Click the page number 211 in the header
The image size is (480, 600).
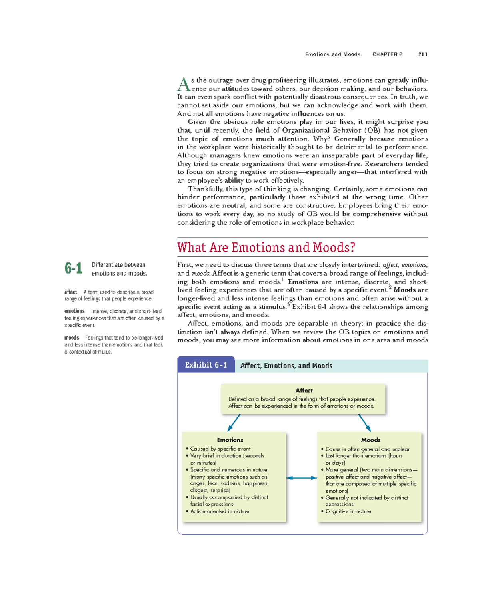point(423,54)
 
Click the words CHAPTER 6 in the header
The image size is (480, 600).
point(387,54)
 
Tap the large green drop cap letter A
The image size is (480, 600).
point(183,85)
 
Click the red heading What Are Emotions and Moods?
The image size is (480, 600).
point(266,247)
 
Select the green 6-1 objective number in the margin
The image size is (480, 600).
point(74,268)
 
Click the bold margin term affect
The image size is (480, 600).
point(71,292)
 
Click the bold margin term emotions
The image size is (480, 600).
point(74,311)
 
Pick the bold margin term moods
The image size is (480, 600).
point(72,338)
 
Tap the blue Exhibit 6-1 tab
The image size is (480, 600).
point(206,365)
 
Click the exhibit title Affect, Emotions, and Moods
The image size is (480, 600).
point(286,366)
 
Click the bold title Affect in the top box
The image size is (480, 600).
point(304,390)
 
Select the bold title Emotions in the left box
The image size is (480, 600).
point(230,440)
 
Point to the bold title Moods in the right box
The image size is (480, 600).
point(370,440)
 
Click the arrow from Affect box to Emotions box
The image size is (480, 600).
point(234,423)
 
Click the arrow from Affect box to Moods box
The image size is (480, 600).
point(364,423)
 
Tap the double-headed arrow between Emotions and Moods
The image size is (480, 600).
point(302,478)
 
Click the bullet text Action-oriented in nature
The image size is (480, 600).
point(220,511)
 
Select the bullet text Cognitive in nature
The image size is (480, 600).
point(348,511)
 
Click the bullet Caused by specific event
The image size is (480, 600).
point(220,449)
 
